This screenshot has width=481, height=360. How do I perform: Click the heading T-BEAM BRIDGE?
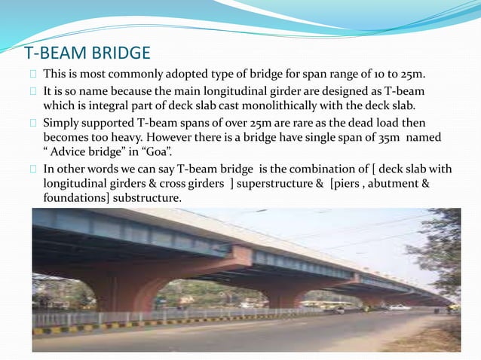pos(87,53)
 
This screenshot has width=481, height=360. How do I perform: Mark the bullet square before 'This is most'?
pos(33,75)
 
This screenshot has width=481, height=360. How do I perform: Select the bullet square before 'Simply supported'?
pos(33,123)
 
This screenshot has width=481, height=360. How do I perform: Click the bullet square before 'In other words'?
pos(33,169)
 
